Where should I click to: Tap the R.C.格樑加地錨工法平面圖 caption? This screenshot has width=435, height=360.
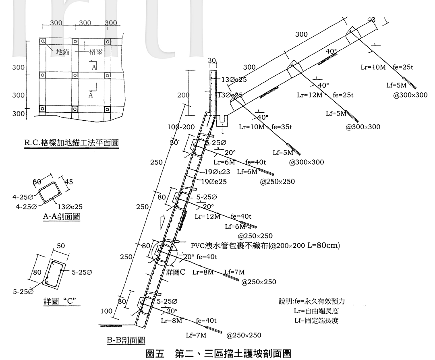point(72,142)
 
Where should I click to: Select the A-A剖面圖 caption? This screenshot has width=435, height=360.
point(61,217)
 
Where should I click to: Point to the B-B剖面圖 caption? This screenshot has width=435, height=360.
point(126,341)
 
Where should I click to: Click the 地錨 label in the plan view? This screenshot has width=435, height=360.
point(62,52)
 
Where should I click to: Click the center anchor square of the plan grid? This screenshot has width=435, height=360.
point(75,75)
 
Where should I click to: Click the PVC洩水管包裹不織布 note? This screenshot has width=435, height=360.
point(265,245)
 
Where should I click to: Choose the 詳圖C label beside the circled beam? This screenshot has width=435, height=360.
point(176,272)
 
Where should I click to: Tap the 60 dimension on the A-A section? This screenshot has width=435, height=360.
point(37,182)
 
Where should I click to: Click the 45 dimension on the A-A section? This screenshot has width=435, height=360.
point(68,182)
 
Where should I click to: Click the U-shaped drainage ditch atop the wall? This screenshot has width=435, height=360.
point(222,120)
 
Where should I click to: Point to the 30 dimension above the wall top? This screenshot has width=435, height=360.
point(212,60)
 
